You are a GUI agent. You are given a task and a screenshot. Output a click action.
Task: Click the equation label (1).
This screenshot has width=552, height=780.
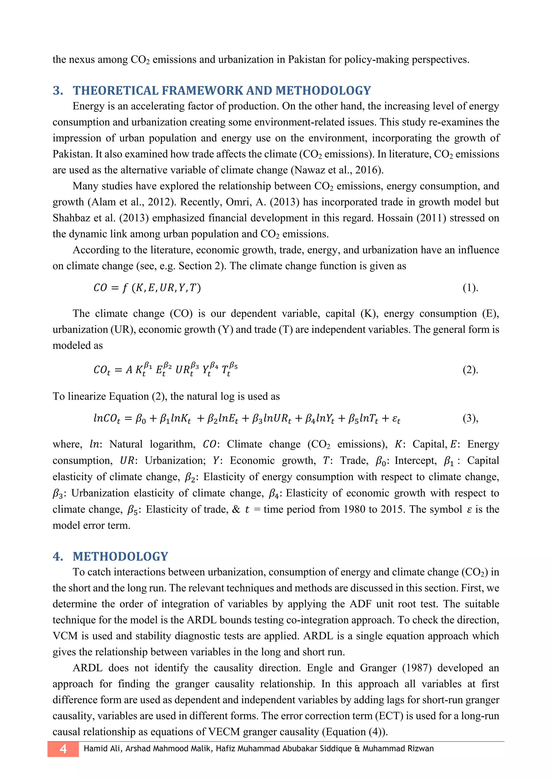click(470, 288)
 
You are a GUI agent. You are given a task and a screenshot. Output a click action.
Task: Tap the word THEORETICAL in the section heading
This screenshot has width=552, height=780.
click(115, 91)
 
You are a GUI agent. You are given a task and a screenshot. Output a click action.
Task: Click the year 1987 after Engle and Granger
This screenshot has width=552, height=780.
click(417, 668)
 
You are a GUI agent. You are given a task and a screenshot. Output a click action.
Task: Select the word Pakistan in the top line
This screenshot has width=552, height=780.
click(307, 60)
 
